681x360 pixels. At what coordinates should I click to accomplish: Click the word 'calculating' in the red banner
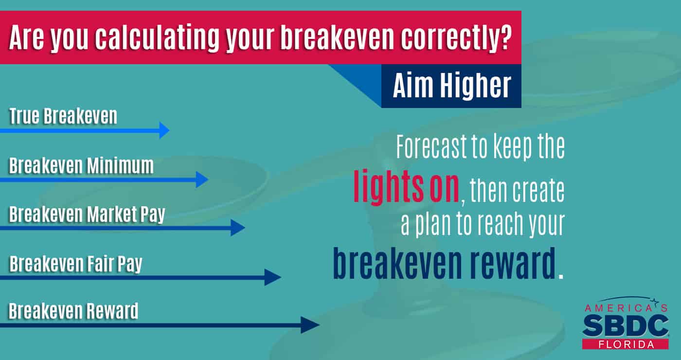click(x=157, y=38)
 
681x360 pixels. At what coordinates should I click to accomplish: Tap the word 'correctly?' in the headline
click(x=456, y=38)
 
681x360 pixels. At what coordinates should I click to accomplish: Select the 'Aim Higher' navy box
click(x=451, y=86)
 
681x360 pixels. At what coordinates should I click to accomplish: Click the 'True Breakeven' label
click(x=63, y=116)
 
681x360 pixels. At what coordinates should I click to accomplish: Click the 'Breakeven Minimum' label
click(x=81, y=166)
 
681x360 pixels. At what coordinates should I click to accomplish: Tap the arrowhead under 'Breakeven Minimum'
click(x=202, y=180)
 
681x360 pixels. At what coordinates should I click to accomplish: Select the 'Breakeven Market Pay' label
click(x=87, y=215)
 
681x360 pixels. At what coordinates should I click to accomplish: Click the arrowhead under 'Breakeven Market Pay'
click(x=238, y=228)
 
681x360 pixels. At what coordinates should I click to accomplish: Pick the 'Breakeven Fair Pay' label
click(x=76, y=264)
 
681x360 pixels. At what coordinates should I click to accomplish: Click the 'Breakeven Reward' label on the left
click(x=73, y=311)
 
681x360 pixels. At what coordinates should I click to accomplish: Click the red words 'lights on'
click(x=406, y=186)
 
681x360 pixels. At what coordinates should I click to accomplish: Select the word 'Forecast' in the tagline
click(x=431, y=146)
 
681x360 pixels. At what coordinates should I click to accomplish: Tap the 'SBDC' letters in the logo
click(x=626, y=325)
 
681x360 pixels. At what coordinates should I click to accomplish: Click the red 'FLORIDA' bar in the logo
click(x=626, y=344)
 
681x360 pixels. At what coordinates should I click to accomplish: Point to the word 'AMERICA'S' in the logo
click(x=626, y=308)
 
